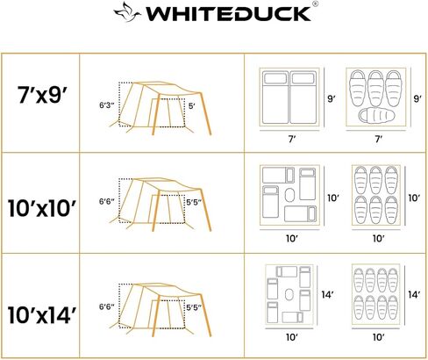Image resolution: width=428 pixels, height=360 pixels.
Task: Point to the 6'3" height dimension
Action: (x=106, y=104)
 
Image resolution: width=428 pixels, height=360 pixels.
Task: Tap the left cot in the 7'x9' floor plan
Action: (x=274, y=97)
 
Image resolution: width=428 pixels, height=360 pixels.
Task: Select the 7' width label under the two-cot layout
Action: (x=289, y=139)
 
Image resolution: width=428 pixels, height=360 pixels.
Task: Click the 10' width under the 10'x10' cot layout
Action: (x=291, y=237)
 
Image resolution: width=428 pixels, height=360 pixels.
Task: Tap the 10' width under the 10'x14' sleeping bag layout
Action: (x=377, y=336)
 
